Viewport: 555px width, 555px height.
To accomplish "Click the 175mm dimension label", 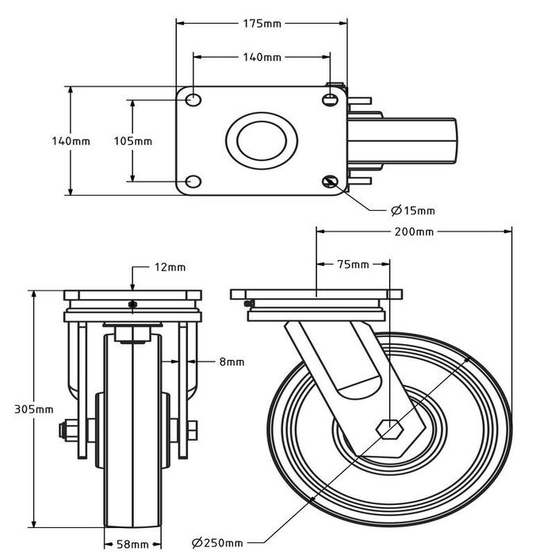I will (x=261, y=24).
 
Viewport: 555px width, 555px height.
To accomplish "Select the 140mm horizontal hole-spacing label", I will (x=261, y=57).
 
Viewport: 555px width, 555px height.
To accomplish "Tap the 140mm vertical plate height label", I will (x=71, y=141).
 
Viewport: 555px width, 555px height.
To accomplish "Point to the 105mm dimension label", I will (x=132, y=141).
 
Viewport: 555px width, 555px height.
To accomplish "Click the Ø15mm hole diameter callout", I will (x=413, y=210).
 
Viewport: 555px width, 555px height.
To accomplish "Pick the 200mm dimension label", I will (x=415, y=232).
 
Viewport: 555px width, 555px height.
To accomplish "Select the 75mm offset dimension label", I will (x=354, y=264).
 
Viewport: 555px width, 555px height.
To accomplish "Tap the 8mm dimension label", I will (x=232, y=362).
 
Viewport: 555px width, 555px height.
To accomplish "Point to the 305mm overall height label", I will (x=34, y=409).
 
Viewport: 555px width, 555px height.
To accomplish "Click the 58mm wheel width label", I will (x=133, y=544).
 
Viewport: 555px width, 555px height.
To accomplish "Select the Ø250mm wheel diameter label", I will (x=217, y=542).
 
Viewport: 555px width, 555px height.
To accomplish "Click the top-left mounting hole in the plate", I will (x=193, y=100).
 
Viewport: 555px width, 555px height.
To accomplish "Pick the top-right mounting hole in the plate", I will (x=330, y=100).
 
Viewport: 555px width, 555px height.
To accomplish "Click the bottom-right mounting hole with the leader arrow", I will (x=330, y=182).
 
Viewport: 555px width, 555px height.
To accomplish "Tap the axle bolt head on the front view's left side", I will (x=65, y=431).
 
